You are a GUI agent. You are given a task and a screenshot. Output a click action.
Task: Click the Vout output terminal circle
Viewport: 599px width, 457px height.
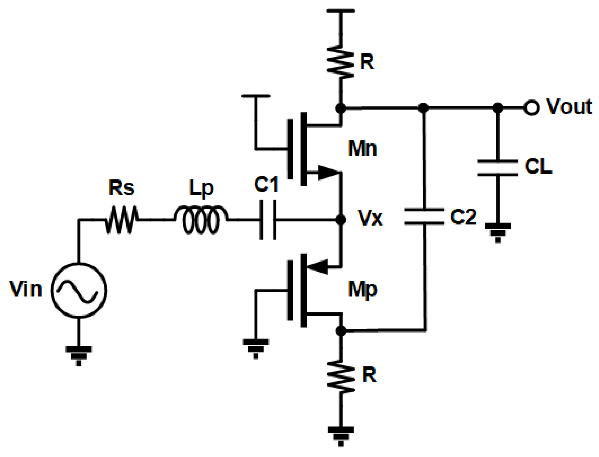531,108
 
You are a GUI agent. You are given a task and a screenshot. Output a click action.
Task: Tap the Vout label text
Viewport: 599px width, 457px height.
569,107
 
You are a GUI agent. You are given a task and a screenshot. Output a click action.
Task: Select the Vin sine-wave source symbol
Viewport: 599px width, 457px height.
78,290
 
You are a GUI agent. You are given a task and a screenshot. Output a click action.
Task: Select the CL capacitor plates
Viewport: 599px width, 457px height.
497,168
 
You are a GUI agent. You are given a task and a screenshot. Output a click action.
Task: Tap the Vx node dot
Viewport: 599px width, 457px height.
340,219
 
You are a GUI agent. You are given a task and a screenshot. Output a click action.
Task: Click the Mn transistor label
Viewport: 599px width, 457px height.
362,148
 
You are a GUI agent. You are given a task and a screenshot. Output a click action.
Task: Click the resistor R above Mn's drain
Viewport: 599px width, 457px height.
340,63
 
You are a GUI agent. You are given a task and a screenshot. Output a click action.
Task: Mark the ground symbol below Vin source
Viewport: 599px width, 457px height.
78,355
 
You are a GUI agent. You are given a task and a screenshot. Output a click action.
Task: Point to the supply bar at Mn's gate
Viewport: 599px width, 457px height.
256,96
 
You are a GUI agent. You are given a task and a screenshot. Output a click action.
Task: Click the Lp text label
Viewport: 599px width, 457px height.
201,188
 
